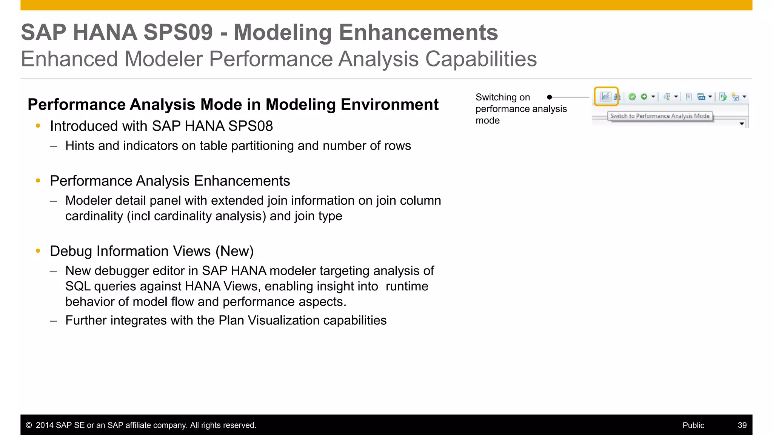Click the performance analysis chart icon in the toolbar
point(605,97)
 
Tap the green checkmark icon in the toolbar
point(632,97)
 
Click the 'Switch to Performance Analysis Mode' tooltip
point(660,116)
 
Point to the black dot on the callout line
point(550,97)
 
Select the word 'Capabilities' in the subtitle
point(481,59)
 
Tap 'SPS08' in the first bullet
point(250,126)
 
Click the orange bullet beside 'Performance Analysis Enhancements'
point(38,181)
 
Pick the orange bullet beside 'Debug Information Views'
point(38,251)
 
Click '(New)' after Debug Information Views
point(234,251)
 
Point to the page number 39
point(742,425)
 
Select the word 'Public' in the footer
point(693,425)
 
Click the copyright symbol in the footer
point(29,425)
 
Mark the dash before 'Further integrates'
point(54,321)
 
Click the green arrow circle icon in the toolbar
point(644,97)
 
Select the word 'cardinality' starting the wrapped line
point(94,216)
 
